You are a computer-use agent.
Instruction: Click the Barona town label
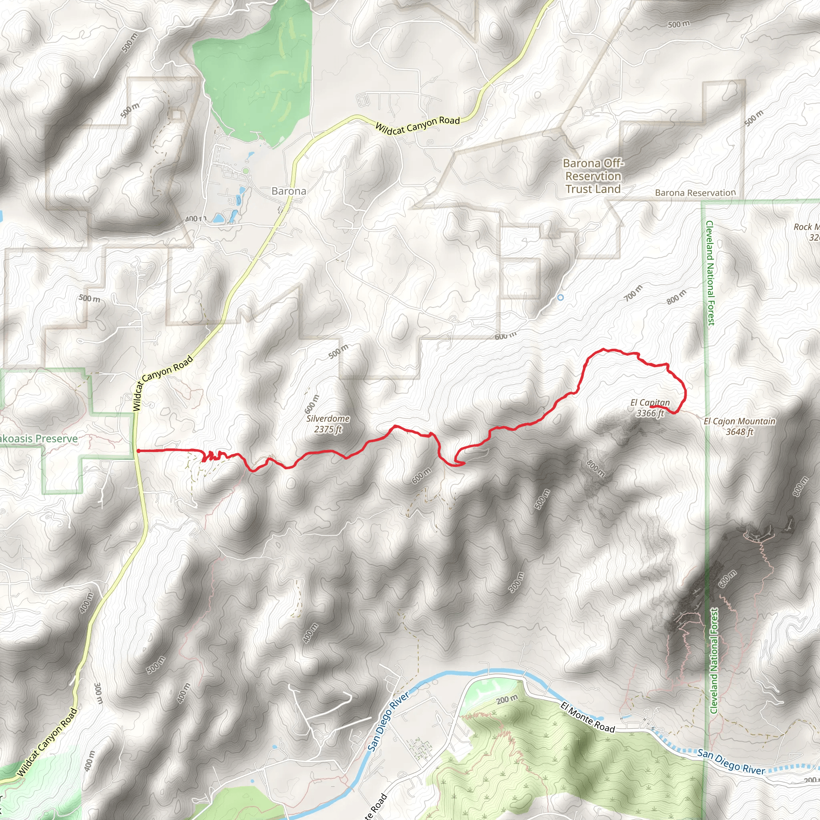tap(289, 191)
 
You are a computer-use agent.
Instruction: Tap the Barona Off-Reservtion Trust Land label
tap(593, 176)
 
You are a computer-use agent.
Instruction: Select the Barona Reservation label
tap(695, 193)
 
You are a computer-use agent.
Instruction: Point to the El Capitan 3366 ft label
tap(650, 408)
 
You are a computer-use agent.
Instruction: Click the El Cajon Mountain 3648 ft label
tap(740, 426)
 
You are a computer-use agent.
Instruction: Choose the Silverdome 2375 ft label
tap(328, 424)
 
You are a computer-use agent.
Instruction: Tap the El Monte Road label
tap(587, 717)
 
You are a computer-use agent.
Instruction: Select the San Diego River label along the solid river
tap(388, 721)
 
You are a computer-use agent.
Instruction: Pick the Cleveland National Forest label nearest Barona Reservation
tap(710, 273)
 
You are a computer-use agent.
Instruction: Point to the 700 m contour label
tap(633, 293)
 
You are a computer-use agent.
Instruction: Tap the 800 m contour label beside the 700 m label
tap(676, 297)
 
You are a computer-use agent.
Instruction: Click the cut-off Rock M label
tap(808, 232)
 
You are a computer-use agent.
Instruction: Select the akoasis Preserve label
tap(38, 438)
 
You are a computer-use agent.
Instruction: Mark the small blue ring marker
tap(560, 297)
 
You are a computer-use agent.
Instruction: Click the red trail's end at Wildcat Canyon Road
tap(138, 450)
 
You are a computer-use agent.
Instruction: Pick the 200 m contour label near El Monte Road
tap(507, 699)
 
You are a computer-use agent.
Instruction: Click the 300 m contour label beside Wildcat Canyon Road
tap(98, 693)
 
